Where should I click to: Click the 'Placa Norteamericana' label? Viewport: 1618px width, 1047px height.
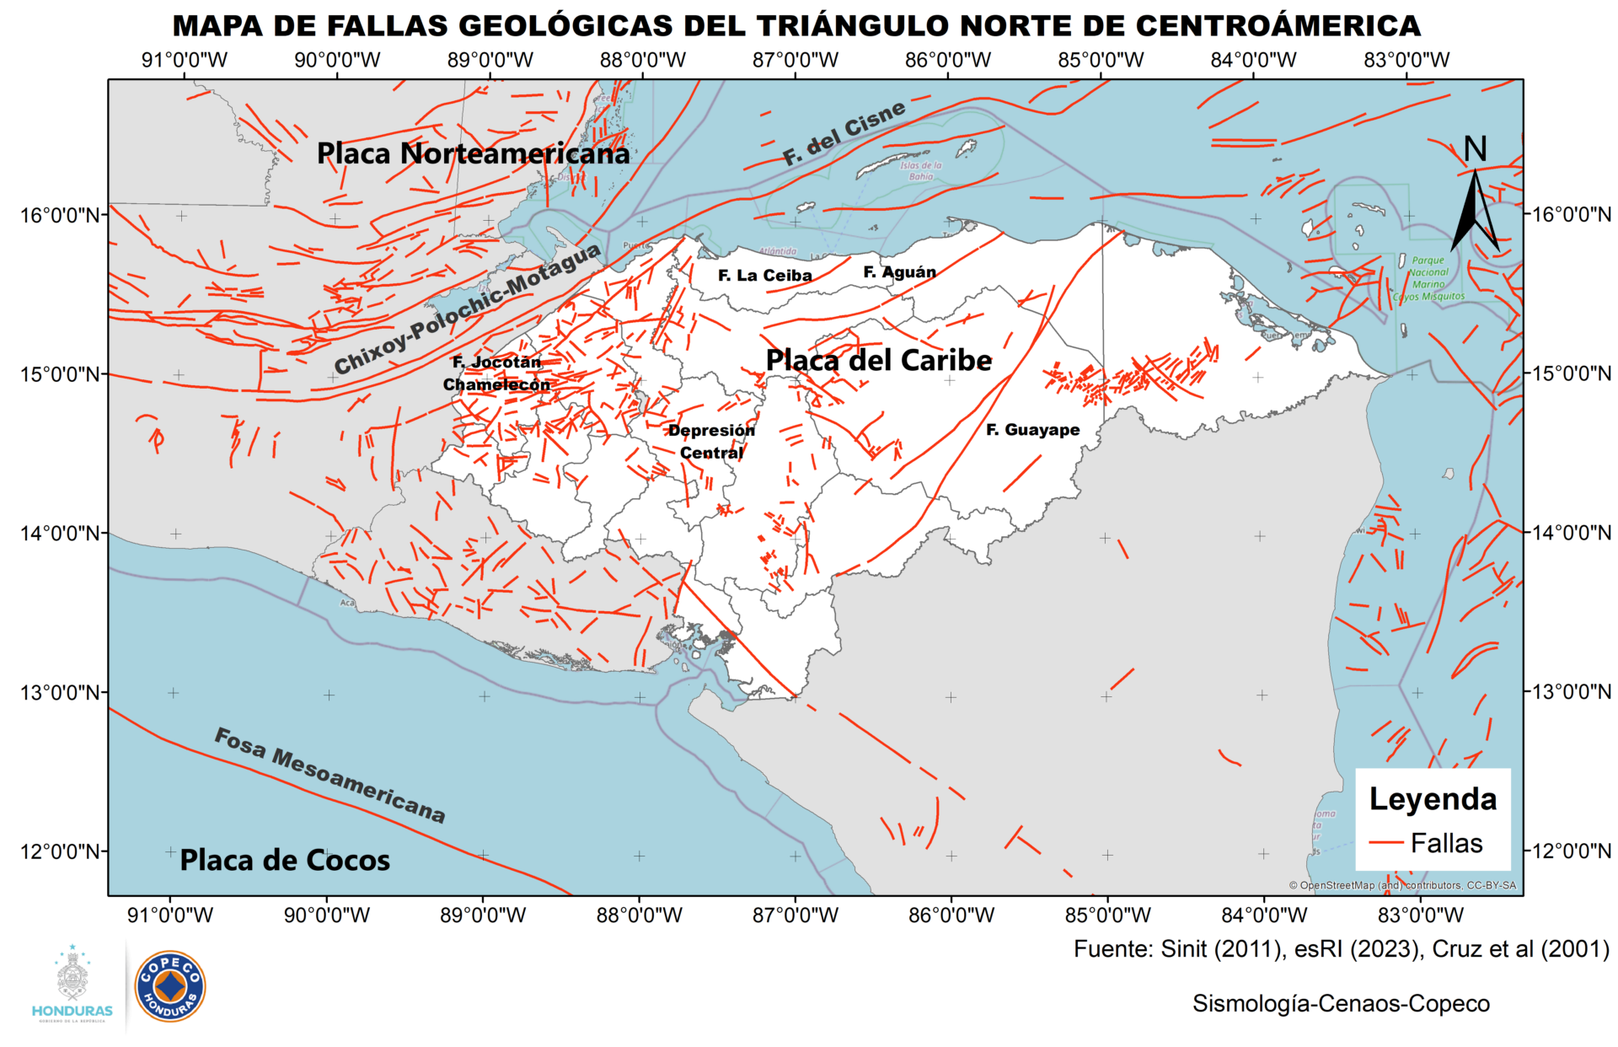(473, 153)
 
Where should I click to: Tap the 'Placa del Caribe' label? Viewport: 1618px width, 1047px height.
(878, 360)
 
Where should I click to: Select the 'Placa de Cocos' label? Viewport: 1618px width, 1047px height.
(285, 860)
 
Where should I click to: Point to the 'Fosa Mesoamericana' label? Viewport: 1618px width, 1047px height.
(329, 775)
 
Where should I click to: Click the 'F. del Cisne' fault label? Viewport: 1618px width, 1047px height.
(844, 132)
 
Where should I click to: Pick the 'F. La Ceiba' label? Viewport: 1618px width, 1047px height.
(764, 276)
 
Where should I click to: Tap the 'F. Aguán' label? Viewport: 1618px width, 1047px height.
(899, 272)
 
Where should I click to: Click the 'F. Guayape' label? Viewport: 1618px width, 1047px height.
(1032, 430)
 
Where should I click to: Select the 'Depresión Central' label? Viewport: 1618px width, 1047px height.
(711, 442)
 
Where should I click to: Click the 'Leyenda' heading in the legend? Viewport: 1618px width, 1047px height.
(1433, 799)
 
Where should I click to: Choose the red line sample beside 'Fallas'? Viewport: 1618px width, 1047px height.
(1385, 843)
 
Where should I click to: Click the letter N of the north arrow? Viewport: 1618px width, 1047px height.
(1475, 149)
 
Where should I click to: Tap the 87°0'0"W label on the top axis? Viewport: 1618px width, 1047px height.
(795, 60)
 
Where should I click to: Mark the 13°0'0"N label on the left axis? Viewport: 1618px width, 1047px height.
(54, 692)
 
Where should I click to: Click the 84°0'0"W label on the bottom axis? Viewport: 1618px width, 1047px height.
(1264, 915)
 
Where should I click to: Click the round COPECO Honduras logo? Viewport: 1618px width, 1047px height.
(170, 986)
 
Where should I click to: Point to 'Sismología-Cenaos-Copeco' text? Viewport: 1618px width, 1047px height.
(1341, 1004)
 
